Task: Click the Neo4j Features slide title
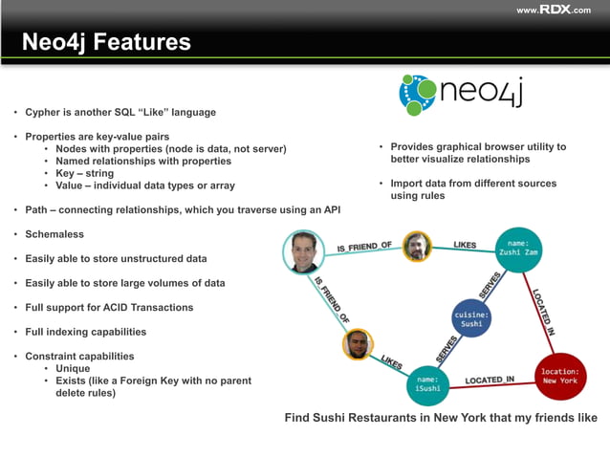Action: point(106,43)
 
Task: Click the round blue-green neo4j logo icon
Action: point(417,94)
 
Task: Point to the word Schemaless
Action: point(54,234)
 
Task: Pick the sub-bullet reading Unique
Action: point(73,368)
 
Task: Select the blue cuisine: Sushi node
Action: point(471,317)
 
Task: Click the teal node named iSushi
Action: point(429,384)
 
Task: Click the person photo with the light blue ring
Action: point(305,252)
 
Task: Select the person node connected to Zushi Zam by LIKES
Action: point(417,247)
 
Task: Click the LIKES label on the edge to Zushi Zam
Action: point(465,245)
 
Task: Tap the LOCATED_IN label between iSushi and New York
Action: point(490,381)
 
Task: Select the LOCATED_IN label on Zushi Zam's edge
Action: point(543,311)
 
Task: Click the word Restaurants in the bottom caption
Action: point(401,418)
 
